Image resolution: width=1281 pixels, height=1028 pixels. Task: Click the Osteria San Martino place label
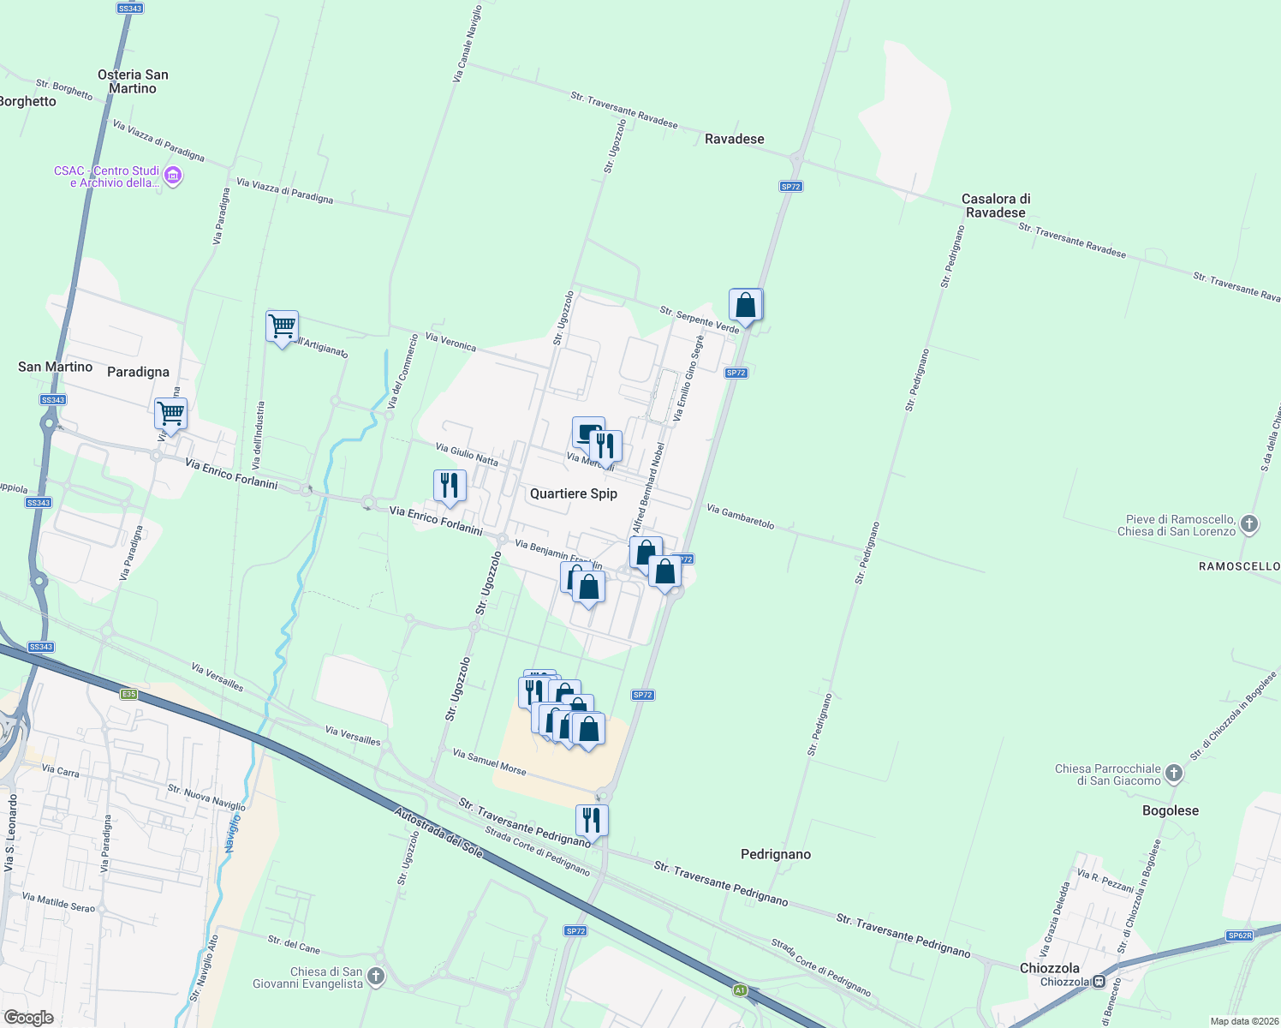(133, 81)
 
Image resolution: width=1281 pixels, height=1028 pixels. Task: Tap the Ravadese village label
(734, 139)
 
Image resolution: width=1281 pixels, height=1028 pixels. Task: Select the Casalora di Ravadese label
(995, 206)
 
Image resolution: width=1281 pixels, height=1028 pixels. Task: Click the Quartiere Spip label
(573, 493)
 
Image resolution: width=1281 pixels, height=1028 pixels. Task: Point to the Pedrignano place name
(775, 854)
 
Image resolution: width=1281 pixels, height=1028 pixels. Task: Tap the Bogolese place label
(1170, 810)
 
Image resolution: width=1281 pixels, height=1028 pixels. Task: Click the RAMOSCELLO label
(1239, 566)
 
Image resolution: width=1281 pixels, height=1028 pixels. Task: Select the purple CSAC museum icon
(173, 176)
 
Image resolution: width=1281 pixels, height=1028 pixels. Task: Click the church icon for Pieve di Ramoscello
(1249, 524)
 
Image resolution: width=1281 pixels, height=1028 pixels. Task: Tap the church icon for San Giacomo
(1174, 774)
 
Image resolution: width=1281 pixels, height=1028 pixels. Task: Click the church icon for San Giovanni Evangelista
(376, 977)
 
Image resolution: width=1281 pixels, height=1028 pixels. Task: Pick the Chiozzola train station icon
(1099, 982)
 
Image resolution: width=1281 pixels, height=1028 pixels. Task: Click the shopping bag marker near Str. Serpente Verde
(745, 306)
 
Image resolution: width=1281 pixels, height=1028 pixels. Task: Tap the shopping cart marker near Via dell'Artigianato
(282, 326)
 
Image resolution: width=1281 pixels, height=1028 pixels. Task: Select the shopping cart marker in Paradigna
(170, 415)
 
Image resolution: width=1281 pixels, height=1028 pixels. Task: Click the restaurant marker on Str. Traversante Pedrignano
(592, 821)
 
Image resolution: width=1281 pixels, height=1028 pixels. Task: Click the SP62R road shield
(1239, 935)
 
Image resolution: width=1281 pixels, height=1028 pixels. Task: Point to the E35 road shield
(128, 694)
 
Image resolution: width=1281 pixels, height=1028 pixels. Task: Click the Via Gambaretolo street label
(740, 517)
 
